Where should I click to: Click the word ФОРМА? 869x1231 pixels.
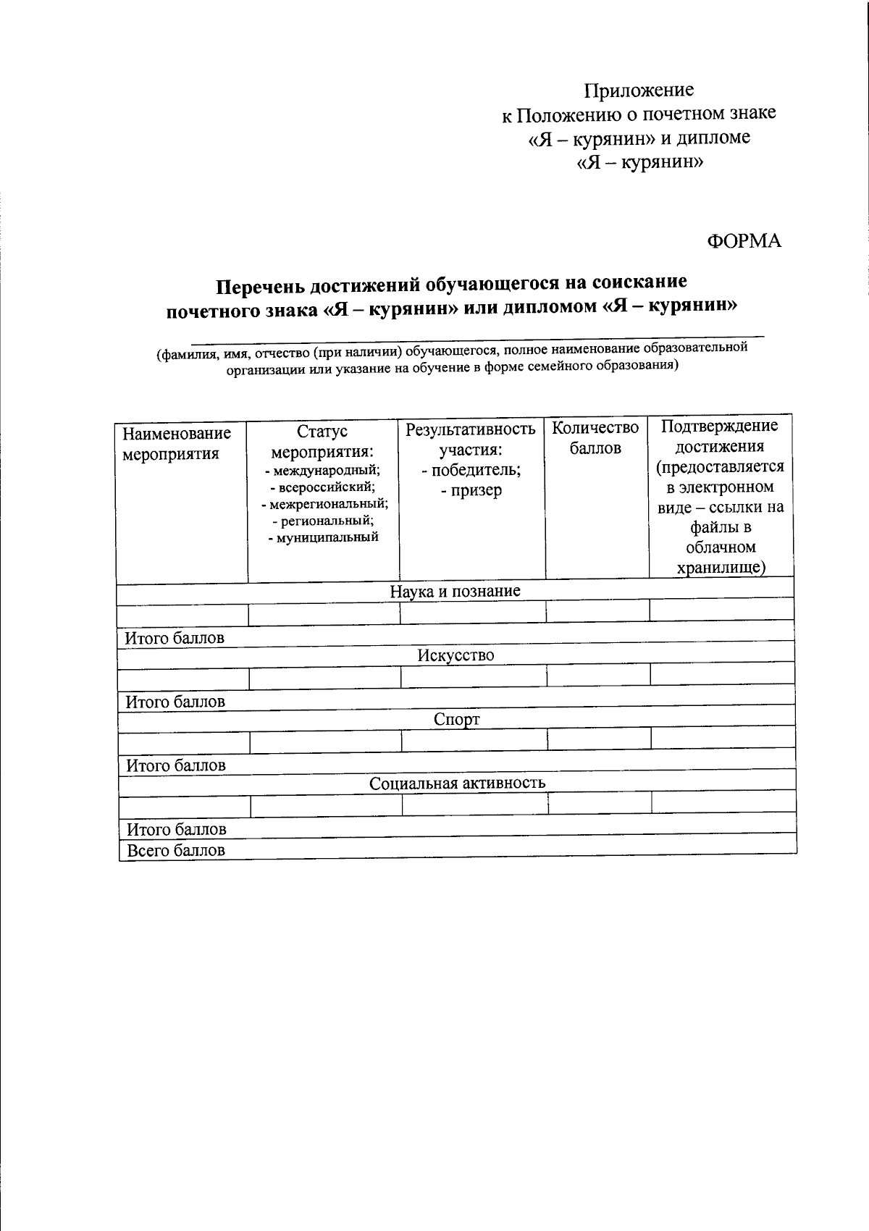click(744, 241)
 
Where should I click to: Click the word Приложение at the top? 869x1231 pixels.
click(639, 91)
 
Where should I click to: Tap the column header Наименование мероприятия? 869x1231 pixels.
click(176, 443)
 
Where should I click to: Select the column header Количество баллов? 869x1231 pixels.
click(595, 437)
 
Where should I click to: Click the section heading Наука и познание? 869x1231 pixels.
click(455, 591)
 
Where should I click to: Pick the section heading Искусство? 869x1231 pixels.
click(456, 655)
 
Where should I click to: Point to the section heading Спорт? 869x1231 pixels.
click(456, 719)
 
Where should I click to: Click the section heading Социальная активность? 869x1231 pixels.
click(457, 783)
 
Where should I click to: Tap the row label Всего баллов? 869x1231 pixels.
click(176, 850)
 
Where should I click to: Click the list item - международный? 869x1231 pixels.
click(322, 471)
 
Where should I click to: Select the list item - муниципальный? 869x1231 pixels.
click(323, 537)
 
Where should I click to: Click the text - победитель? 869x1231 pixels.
click(471, 470)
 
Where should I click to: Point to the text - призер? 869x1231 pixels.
click(471, 490)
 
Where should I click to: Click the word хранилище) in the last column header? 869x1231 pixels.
click(721, 567)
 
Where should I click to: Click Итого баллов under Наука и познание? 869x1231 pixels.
click(175, 638)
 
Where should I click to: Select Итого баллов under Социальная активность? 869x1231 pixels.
click(177, 829)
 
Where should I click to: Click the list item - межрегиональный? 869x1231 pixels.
click(324, 503)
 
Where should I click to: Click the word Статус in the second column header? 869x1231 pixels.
click(322, 432)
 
